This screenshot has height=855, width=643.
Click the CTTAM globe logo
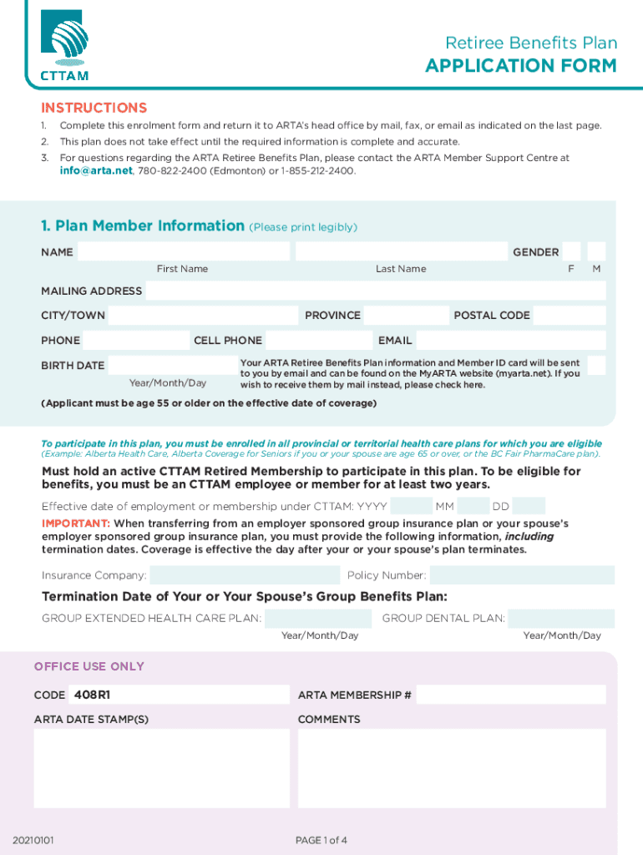(x=64, y=40)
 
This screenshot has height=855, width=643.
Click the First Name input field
(x=184, y=251)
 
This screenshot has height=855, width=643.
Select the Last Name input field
(x=401, y=251)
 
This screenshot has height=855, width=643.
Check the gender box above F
(x=572, y=251)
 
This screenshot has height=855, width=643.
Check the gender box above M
(x=596, y=251)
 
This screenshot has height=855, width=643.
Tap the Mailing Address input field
(x=376, y=291)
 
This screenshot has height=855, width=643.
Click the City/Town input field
(x=203, y=316)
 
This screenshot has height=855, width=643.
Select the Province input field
(x=406, y=316)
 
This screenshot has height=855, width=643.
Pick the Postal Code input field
(x=570, y=316)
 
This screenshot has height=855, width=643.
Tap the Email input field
(x=511, y=341)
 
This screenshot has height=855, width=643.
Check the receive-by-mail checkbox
(x=596, y=365)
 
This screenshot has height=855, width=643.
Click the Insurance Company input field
(x=245, y=575)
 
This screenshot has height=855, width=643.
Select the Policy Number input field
(x=522, y=575)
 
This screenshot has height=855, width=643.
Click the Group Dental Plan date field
(x=560, y=619)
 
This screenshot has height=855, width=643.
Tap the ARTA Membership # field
(x=511, y=695)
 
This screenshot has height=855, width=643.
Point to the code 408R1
(x=92, y=695)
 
